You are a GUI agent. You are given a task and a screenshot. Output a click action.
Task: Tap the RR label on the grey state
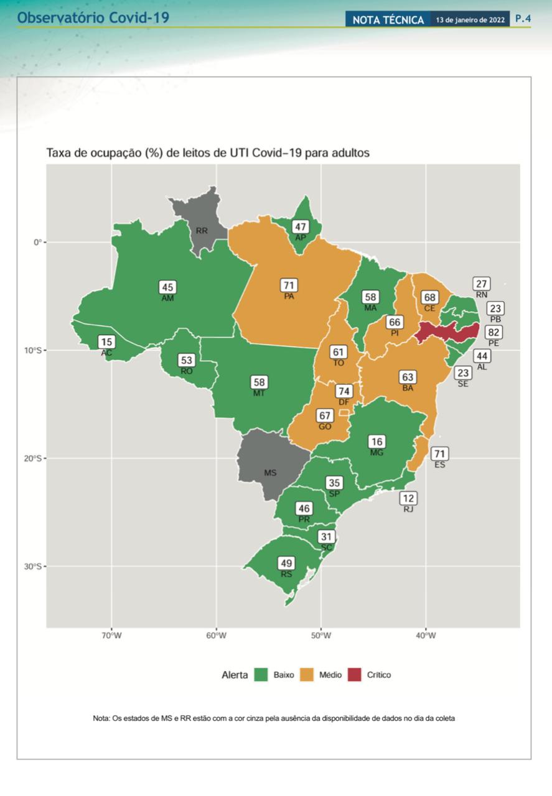click(x=202, y=231)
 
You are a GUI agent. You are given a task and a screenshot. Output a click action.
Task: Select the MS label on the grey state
click(x=270, y=473)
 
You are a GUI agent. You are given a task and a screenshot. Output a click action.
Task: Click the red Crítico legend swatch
click(x=354, y=675)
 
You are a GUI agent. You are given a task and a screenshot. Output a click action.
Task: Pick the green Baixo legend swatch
click(x=261, y=675)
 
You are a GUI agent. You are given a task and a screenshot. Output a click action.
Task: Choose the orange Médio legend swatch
click(x=307, y=675)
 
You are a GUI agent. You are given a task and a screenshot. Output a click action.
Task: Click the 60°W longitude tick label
click(x=216, y=636)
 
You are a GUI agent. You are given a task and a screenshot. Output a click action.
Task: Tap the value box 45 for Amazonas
click(x=167, y=287)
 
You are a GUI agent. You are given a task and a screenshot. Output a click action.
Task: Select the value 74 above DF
click(x=344, y=391)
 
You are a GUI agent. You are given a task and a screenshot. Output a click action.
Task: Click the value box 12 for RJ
click(x=408, y=498)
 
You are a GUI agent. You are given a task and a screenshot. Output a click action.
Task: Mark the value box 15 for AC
click(x=106, y=342)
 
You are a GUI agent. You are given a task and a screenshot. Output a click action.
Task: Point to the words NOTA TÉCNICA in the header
click(x=388, y=20)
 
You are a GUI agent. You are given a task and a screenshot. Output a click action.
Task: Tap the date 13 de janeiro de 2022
click(x=470, y=20)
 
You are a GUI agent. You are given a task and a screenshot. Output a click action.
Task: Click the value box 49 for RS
click(x=286, y=563)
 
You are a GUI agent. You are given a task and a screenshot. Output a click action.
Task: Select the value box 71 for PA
click(x=289, y=285)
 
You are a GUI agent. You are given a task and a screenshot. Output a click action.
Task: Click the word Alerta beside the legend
click(x=235, y=675)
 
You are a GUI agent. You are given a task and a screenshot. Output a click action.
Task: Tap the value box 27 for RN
click(x=481, y=284)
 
